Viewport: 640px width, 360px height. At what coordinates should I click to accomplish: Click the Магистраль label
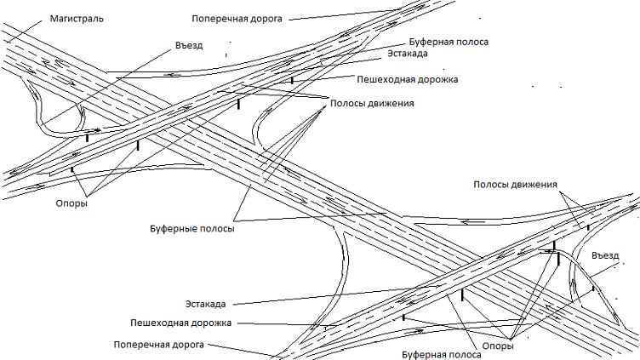click(x=77, y=18)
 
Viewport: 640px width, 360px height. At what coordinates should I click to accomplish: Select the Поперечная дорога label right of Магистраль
click(x=236, y=17)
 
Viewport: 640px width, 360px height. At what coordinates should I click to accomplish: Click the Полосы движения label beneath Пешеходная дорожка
click(x=372, y=103)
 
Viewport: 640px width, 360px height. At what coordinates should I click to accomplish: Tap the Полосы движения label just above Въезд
click(x=515, y=185)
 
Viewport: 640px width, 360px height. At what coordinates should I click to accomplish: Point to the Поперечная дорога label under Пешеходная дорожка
click(x=159, y=345)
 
